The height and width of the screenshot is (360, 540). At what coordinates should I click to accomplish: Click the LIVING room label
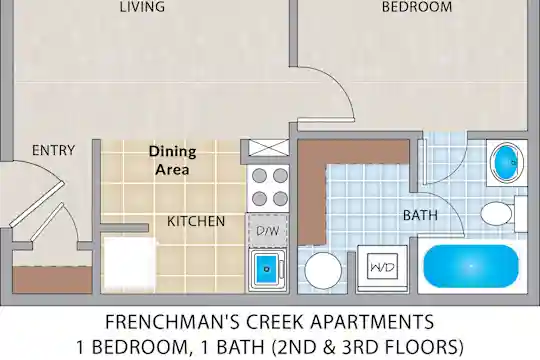point(142,7)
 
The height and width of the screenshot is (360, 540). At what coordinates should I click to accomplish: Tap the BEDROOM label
point(417,7)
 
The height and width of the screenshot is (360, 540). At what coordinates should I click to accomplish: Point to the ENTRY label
point(53,150)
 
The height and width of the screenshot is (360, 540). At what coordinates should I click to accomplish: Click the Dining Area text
point(173,161)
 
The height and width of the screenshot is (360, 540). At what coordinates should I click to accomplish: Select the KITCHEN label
point(196,221)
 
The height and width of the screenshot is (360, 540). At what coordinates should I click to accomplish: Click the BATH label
point(420,215)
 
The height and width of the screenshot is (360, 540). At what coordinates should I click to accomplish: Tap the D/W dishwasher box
point(268,230)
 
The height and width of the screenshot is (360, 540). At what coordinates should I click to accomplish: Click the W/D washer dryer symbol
point(382,267)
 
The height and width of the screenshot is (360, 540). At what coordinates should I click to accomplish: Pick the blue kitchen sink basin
point(266,268)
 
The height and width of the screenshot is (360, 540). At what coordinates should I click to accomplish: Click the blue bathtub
point(471,266)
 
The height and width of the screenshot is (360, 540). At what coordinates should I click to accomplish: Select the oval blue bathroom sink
point(507,162)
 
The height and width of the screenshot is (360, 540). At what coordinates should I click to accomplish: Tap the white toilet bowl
point(496,213)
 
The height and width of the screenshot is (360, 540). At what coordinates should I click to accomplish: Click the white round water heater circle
point(323,270)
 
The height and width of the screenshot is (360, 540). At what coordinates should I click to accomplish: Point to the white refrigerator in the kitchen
point(130,264)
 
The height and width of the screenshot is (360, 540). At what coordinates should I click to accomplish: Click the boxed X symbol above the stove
point(268,148)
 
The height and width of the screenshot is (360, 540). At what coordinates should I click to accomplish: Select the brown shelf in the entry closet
point(53,279)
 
